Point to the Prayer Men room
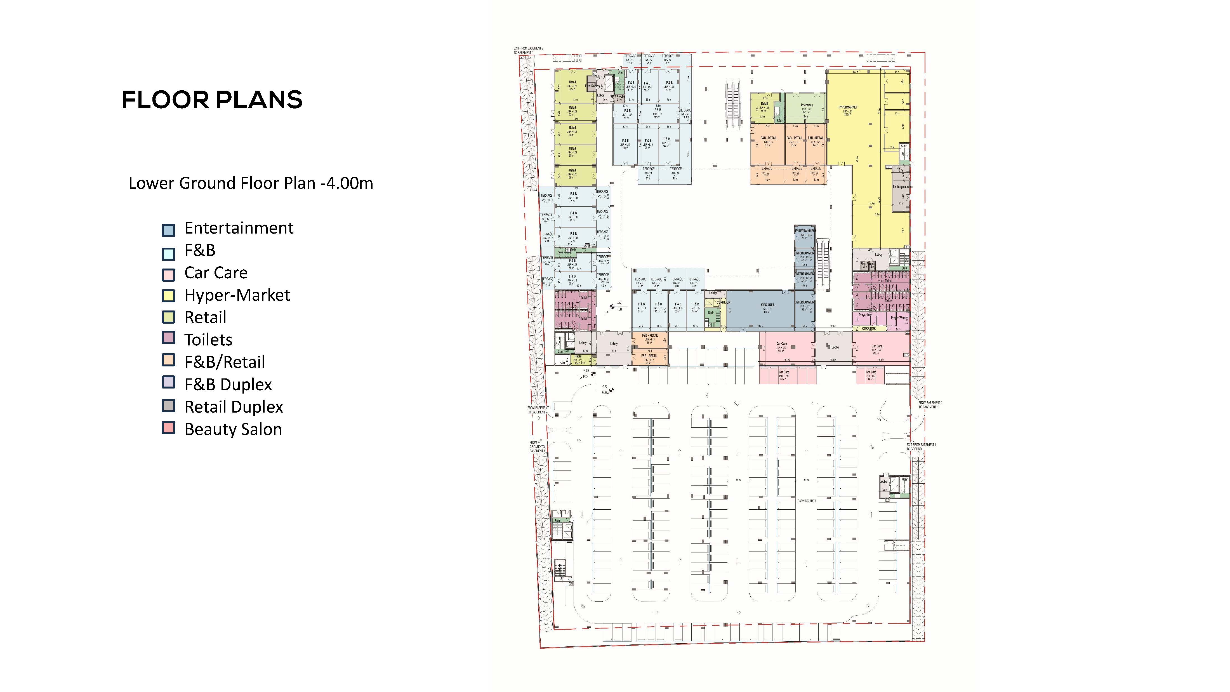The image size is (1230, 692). (x=865, y=315)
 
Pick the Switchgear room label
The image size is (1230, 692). (x=902, y=187)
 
